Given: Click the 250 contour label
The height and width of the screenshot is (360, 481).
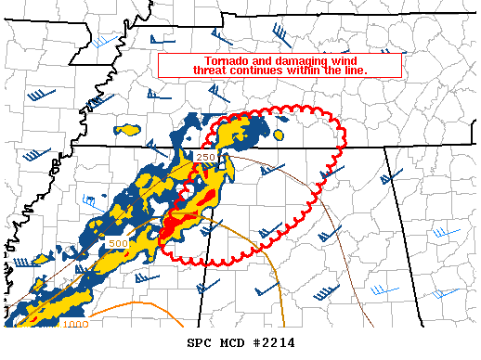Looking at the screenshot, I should coord(206,157).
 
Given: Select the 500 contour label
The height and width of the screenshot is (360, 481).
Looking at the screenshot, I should coord(118,243).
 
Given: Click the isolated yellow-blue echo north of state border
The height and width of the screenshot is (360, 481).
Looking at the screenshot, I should coord(128,130).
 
